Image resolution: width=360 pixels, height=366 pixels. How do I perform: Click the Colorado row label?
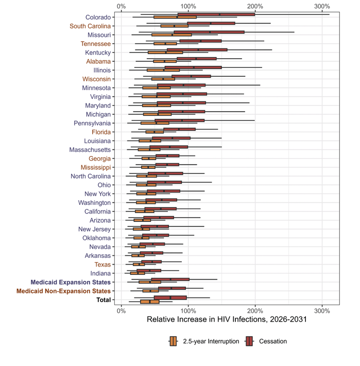(98, 18)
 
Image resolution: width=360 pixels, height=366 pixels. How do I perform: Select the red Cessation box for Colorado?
(216, 14)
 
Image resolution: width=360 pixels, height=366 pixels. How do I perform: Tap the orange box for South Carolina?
(175, 26)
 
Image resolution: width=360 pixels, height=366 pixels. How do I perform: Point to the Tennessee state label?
(96, 44)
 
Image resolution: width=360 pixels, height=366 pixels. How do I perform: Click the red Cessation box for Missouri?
(209, 32)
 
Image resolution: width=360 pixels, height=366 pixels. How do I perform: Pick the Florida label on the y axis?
(101, 132)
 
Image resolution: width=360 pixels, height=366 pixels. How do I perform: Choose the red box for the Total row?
(170, 298)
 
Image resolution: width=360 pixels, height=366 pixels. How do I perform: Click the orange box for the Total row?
(150, 302)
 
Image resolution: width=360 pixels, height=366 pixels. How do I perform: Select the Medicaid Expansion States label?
(71, 282)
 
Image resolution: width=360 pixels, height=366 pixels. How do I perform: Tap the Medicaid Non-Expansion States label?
(63, 291)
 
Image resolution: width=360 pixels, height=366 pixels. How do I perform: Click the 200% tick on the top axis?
(255, 6)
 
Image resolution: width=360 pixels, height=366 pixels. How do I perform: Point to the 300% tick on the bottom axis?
(322, 311)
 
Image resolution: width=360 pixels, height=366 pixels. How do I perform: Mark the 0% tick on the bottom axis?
(121, 311)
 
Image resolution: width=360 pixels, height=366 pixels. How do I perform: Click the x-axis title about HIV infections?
(227, 319)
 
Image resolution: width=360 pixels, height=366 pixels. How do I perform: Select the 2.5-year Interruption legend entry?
(204, 341)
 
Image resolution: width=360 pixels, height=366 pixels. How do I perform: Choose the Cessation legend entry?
(266, 341)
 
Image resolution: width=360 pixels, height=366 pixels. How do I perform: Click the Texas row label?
(102, 265)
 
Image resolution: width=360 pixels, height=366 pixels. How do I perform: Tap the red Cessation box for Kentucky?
(197, 50)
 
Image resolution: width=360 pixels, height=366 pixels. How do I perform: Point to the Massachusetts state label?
(90, 150)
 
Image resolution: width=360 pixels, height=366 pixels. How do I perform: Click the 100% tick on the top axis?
(188, 6)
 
